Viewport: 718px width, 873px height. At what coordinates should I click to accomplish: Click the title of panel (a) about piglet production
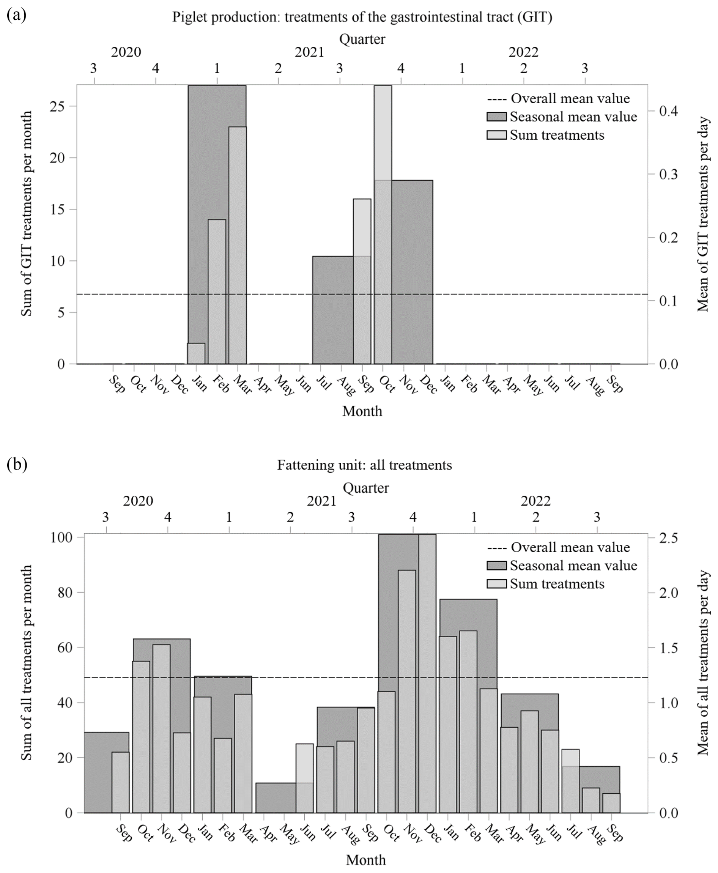point(362,17)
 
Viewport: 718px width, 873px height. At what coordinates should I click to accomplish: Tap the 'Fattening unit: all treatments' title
point(364,465)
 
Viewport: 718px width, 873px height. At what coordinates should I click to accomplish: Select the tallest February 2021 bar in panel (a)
point(217,292)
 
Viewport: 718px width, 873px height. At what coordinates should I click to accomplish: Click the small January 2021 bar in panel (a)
point(197,354)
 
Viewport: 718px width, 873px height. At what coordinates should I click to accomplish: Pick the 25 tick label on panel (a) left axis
point(57,106)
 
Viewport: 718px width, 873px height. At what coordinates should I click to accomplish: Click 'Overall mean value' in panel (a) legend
point(570,98)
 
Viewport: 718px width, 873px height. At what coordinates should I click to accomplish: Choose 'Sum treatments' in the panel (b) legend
point(557,584)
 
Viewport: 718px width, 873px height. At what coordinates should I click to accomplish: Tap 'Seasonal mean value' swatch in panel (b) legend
point(496,566)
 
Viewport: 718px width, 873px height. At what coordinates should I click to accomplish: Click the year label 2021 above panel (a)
point(309,52)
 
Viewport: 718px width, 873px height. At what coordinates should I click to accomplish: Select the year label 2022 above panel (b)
point(535,501)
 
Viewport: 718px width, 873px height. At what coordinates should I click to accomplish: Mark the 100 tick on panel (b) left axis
point(61,537)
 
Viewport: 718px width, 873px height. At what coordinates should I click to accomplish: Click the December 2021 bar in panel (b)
point(427,674)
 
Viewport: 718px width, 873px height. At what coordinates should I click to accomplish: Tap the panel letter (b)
point(17,464)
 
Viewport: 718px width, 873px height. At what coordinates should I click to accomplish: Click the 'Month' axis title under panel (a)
point(362,411)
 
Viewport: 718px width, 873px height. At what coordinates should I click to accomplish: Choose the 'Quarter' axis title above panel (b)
point(365,488)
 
